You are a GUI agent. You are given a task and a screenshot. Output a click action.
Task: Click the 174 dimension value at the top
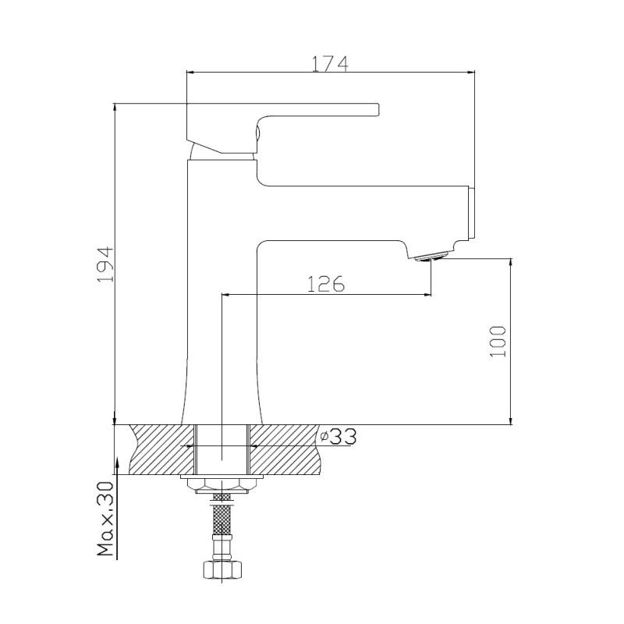pos(329,63)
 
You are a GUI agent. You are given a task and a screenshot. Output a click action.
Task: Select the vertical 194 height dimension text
pos(105,264)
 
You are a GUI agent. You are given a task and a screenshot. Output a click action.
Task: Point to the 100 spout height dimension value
pos(498,340)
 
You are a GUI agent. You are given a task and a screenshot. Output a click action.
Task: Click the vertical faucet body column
pos(223,312)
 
